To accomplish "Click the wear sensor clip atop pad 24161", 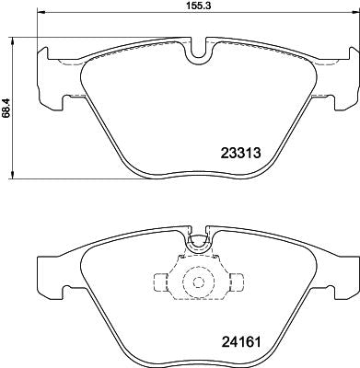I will coord(195,245).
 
